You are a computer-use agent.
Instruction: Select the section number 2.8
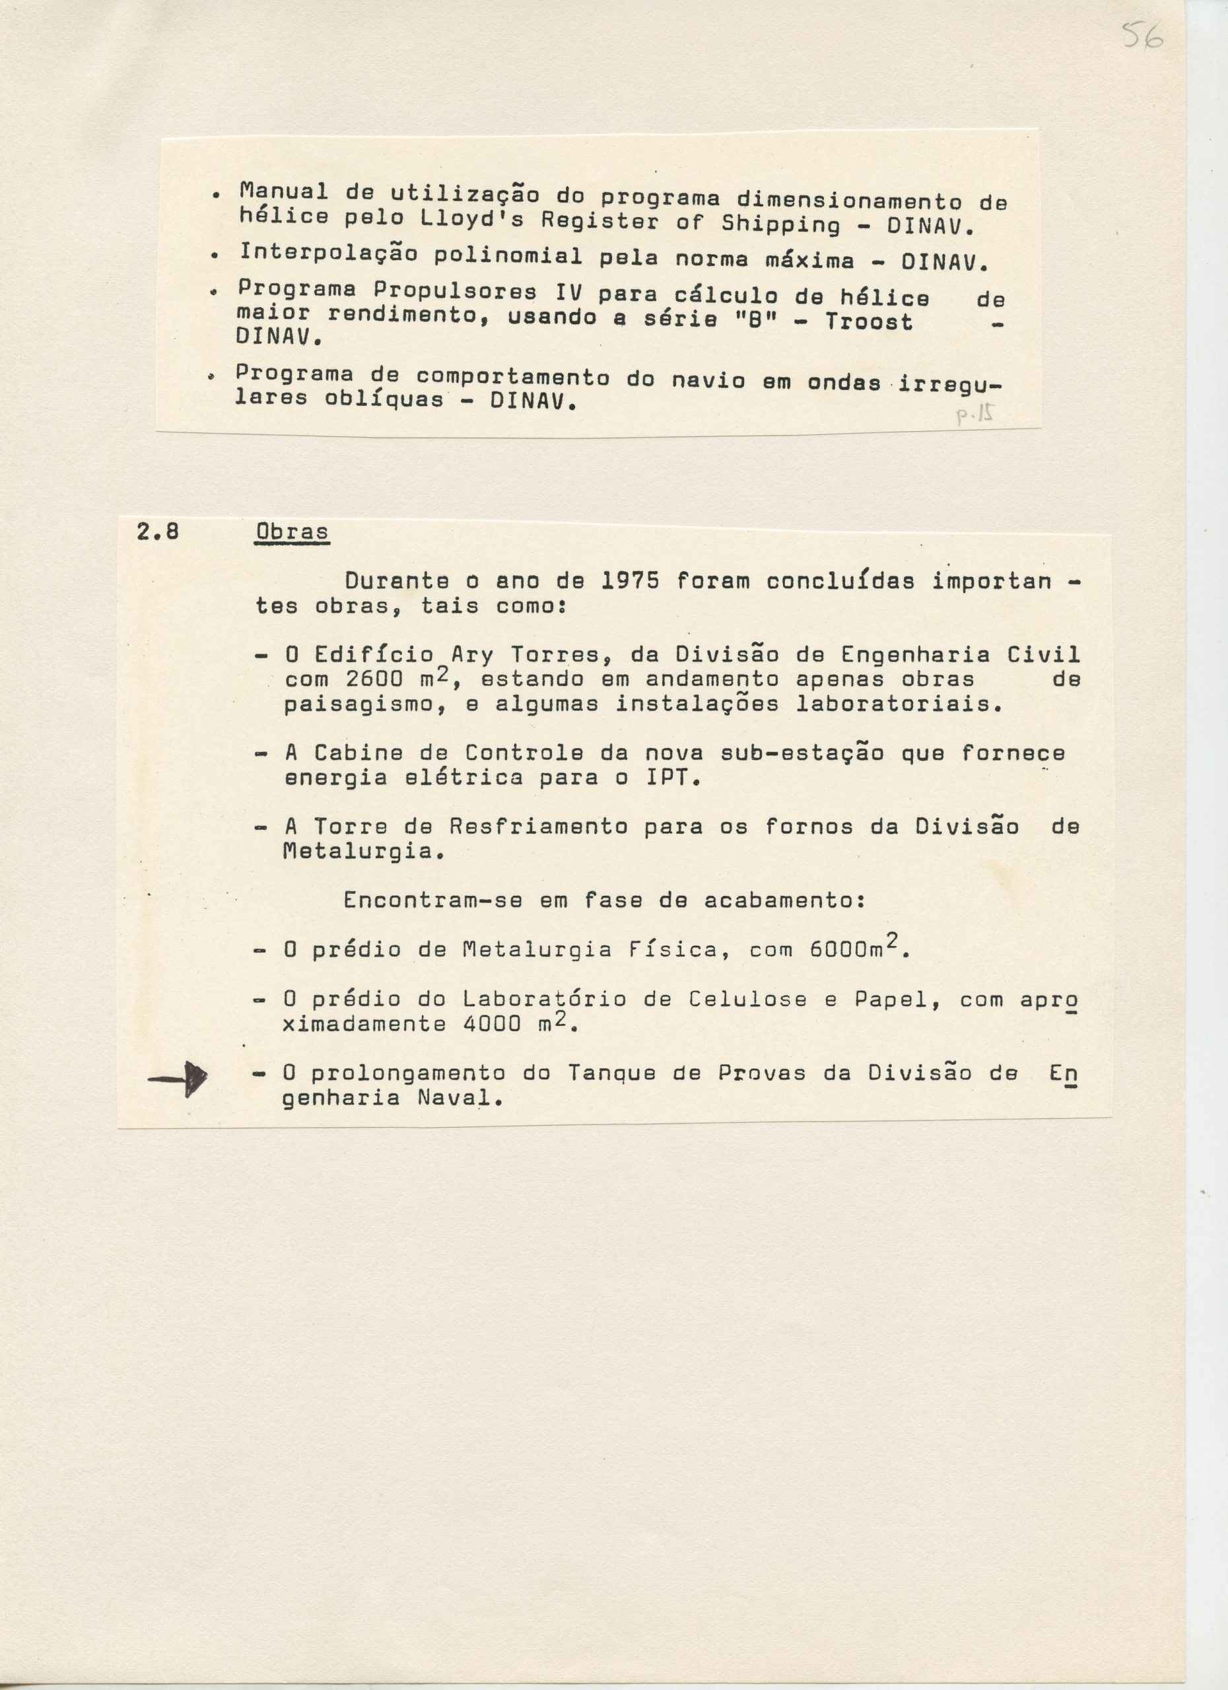pos(157,532)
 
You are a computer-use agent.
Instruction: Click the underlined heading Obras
pos(291,533)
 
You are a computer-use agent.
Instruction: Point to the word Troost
pos(868,322)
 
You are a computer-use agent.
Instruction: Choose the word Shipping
pos(780,224)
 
